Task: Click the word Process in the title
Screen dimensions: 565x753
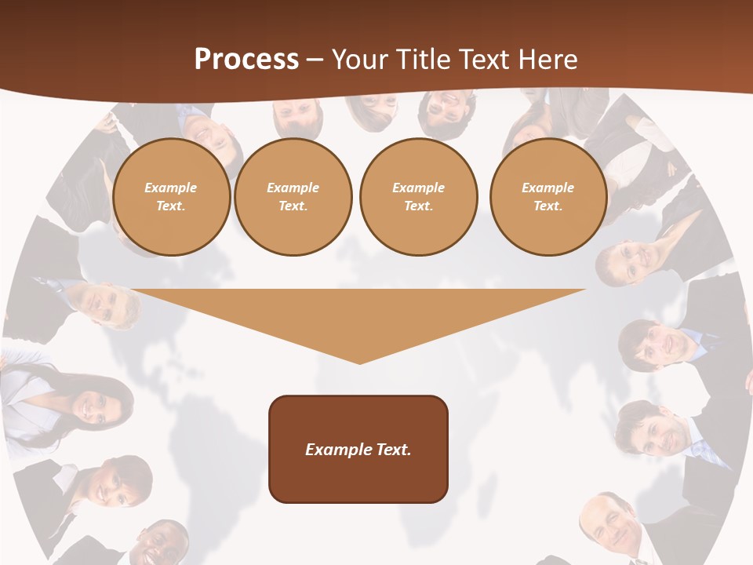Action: click(246, 60)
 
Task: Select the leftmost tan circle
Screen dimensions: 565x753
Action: click(172, 197)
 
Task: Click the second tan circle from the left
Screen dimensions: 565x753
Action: click(293, 197)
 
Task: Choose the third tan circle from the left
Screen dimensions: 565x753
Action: click(419, 197)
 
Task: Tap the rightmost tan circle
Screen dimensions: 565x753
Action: click(548, 197)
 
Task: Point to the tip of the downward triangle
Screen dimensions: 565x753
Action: click(359, 362)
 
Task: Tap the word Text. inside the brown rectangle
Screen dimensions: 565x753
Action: click(391, 450)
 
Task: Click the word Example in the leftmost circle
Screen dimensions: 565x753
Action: click(171, 188)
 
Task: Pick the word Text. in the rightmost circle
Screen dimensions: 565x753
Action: click(548, 206)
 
